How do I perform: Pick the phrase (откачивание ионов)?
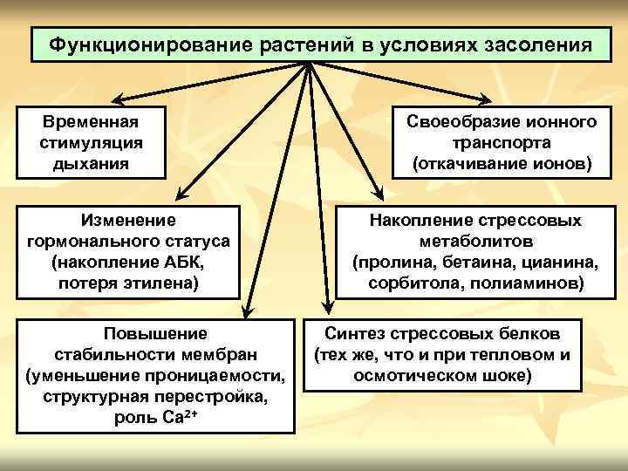coord(502,162)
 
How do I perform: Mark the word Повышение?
coord(155,333)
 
